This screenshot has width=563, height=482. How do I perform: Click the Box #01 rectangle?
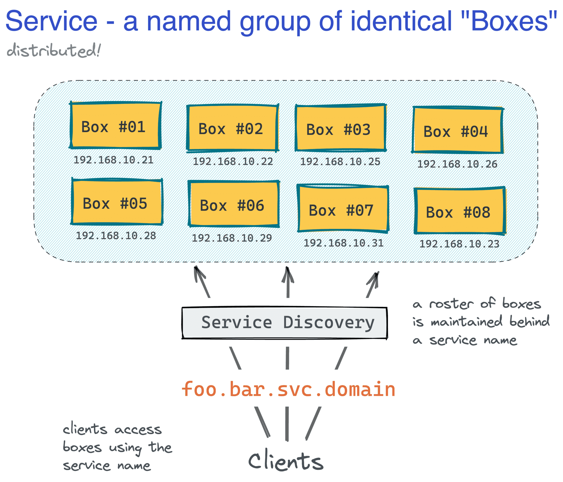tap(115, 125)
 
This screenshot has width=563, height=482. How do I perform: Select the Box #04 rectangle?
tap(457, 130)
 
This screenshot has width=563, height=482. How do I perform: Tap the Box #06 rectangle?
tap(234, 204)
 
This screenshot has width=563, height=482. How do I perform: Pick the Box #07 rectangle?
tap(343, 209)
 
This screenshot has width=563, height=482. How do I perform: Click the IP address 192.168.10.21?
tap(113, 160)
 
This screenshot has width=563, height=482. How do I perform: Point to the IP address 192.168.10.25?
tap(340, 162)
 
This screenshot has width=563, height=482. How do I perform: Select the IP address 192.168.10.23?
tap(459, 244)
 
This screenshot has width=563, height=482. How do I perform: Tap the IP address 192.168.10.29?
tap(232, 238)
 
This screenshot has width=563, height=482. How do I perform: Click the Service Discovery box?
tap(284, 323)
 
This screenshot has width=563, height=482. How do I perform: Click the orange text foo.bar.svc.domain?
tap(288, 389)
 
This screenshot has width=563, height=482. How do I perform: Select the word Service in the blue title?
tap(52, 21)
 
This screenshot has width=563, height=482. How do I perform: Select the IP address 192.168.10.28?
tap(116, 236)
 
